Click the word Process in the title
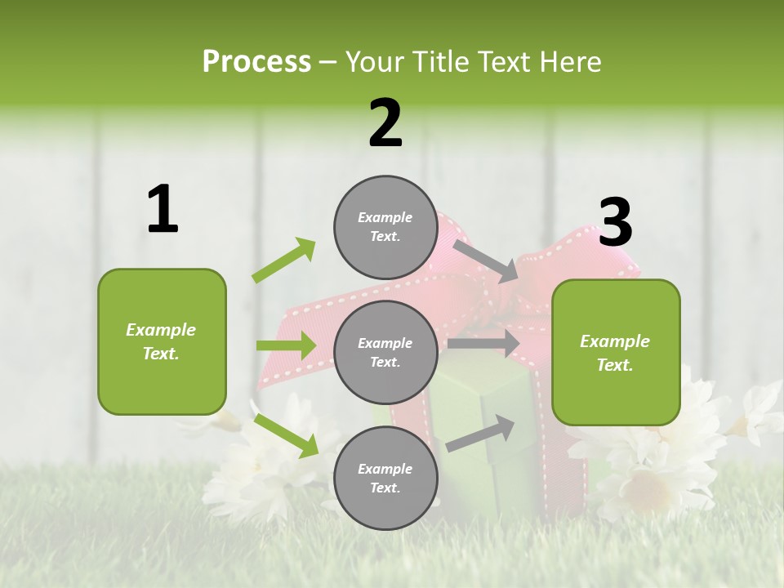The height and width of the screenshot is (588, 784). (x=256, y=61)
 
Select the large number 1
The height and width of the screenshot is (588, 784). (x=163, y=210)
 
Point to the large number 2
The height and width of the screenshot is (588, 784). (x=385, y=123)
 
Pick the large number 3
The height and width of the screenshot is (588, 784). (x=615, y=222)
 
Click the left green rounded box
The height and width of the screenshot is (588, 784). (x=162, y=341)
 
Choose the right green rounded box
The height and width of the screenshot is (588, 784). (x=616, y=352)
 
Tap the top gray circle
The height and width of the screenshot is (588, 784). (x=385, y=227)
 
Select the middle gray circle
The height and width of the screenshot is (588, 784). (x=385, y=352)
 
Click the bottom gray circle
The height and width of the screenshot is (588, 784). (x=385, y=478)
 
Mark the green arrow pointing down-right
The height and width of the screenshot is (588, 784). (x=286, y=434)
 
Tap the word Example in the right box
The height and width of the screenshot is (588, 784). (x=615, y=341)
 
